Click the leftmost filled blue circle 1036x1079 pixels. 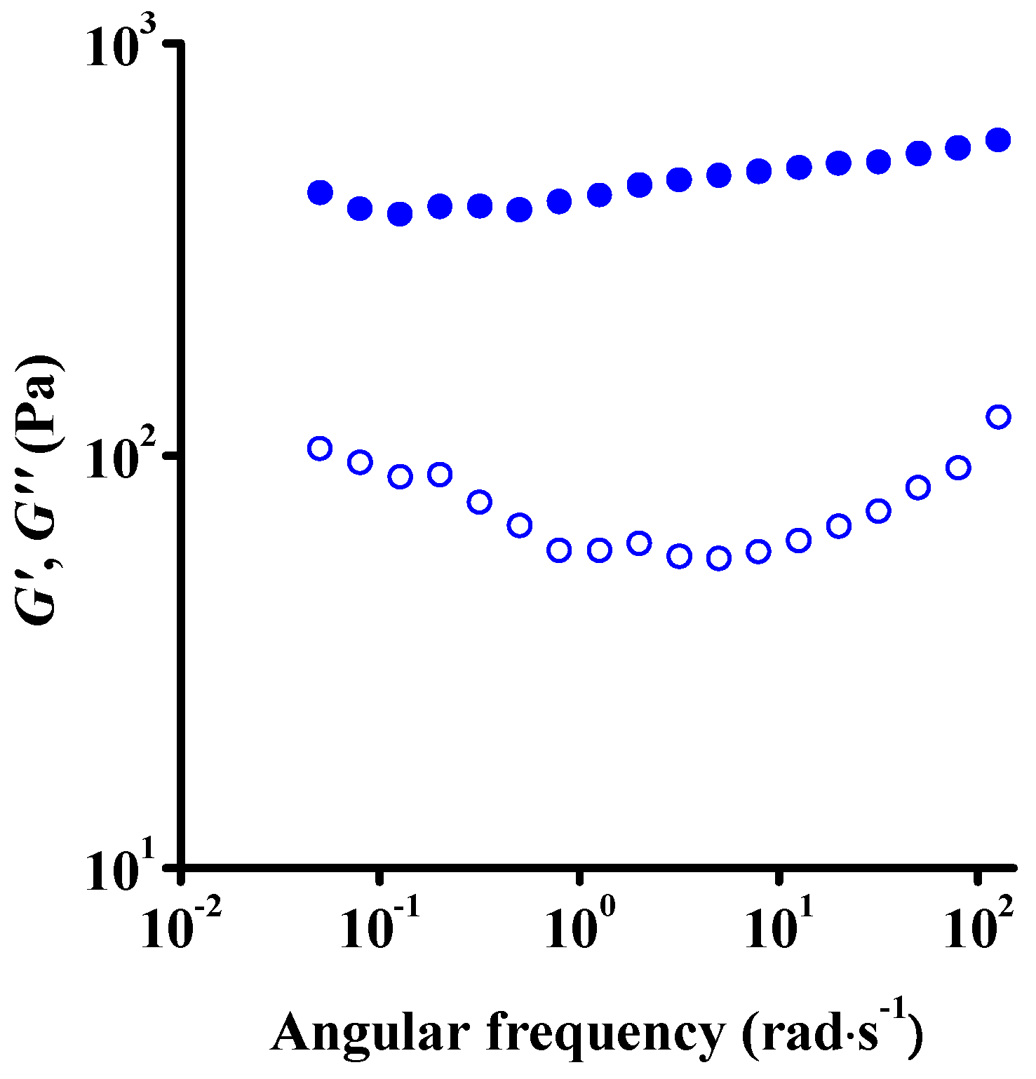[x=320, y=192]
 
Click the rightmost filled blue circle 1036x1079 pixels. [x=998, y=140]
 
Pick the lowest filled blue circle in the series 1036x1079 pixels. [x=400, y=214]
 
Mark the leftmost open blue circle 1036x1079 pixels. [x=320, y=449]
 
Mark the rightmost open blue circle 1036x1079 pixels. [x=998, y=416]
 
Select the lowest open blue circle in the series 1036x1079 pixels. [x=719, y=558]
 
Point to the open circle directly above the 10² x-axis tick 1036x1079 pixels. [x=958, y=468]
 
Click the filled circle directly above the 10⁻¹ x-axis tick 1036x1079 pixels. [x=360, y=208]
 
